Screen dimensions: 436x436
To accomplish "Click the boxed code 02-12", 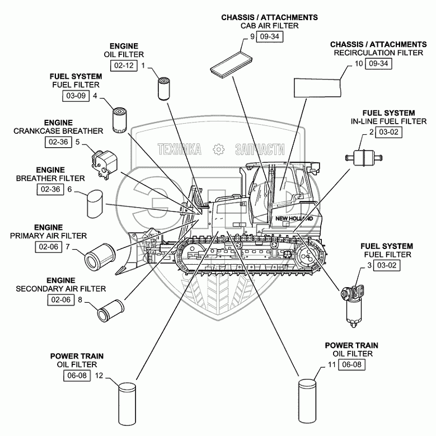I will coord(124,66).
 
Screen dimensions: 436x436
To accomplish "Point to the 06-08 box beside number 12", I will coord(77,376).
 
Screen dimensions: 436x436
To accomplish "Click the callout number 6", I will coord(70,189).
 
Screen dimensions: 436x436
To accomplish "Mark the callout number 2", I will coord(371,132).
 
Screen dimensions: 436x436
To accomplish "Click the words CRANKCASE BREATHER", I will coord(59,131).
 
